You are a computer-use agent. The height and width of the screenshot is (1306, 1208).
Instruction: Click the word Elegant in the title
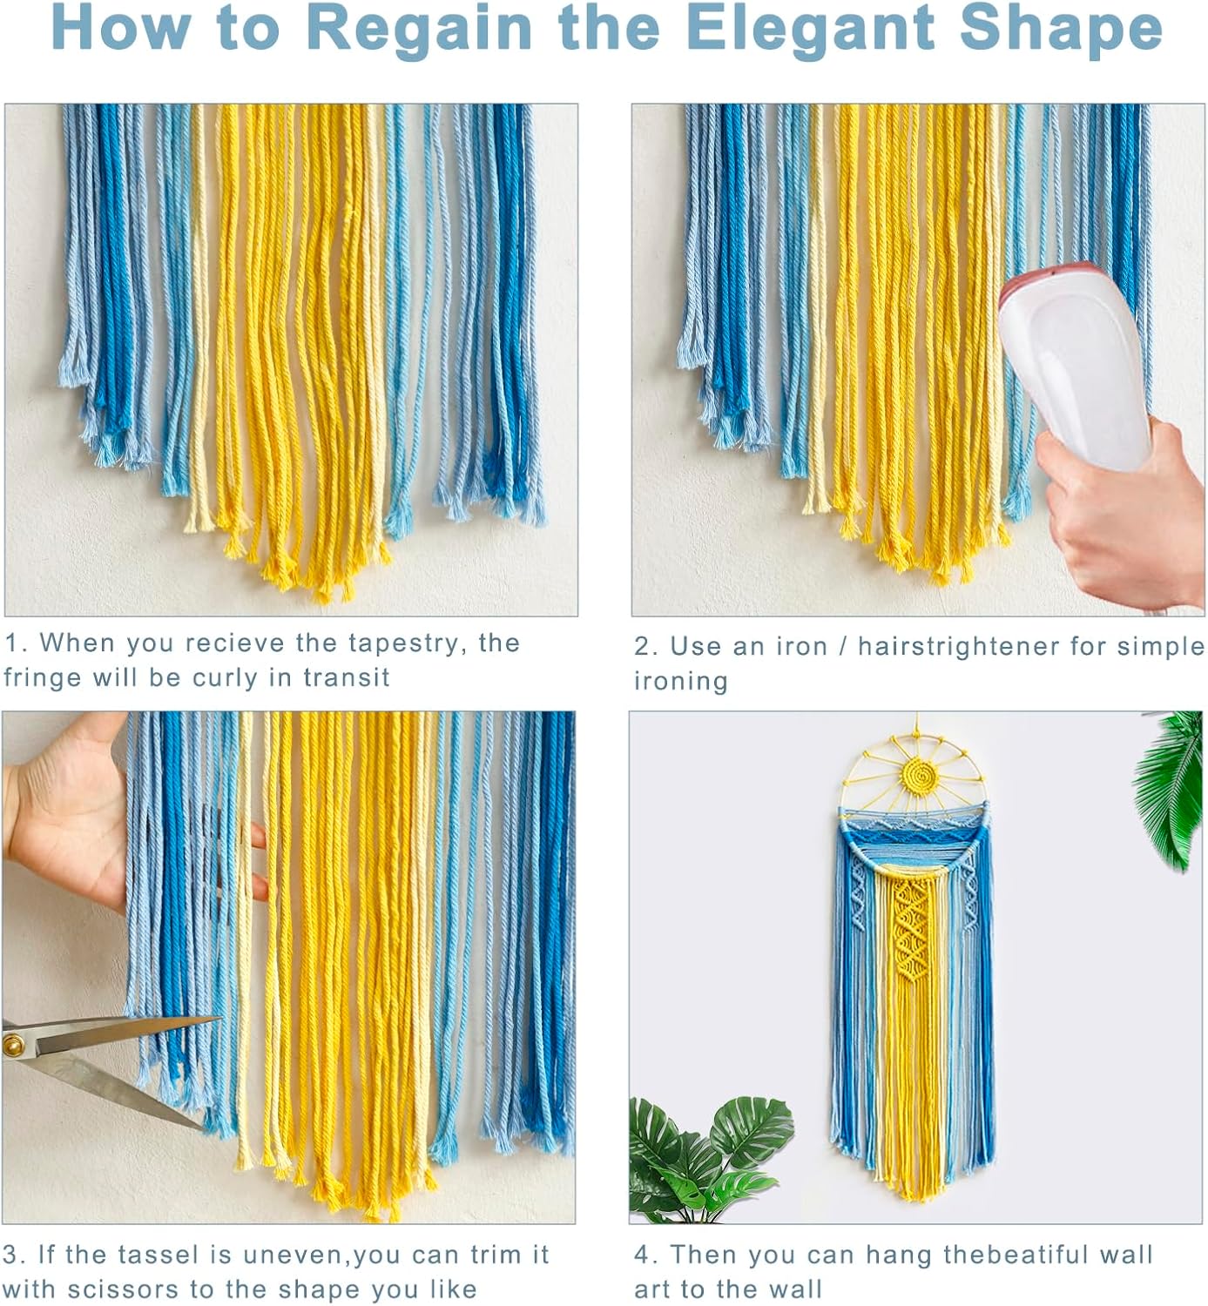click(x=810, y=29)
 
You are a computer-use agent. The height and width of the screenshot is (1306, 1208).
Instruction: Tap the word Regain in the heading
click(x=419, y=29)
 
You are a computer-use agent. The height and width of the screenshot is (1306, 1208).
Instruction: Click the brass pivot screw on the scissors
click(x=14, y=1044)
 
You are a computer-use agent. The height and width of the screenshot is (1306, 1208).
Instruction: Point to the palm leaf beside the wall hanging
click(x=1170, y=790)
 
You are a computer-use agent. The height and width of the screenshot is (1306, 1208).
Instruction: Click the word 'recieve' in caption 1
click(x=234, y=643)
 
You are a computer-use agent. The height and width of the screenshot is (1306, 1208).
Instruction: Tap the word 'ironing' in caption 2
click(x=681, y=682)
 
